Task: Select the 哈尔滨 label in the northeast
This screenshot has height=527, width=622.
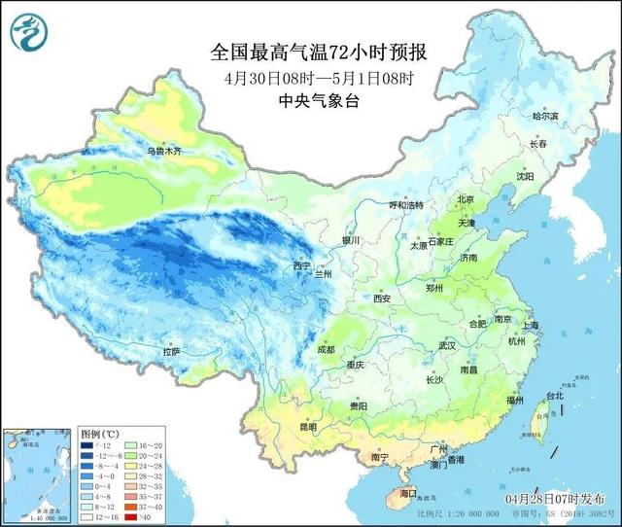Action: pyautogui.click(x=546, y=116)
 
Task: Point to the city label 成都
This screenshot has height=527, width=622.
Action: pyautogui.click(x=326, y=349)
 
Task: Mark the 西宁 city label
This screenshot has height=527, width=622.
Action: pyautogui.click(x=302, y=265)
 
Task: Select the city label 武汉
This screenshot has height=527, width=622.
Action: pyautogui.click(x=447, y=345)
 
